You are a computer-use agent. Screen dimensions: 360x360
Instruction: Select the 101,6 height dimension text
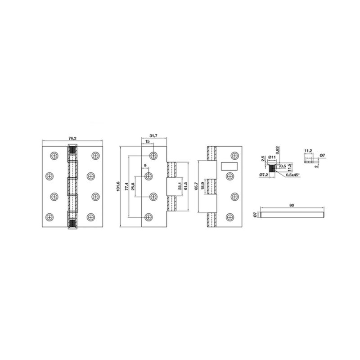point(118,186)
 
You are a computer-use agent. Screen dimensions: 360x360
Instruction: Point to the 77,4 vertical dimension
point(127,186)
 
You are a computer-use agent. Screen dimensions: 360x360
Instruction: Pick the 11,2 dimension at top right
point(308,151)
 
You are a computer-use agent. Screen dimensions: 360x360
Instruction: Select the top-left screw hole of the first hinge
point(54,156)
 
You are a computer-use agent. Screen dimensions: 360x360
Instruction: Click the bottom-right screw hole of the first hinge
point(94,216)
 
